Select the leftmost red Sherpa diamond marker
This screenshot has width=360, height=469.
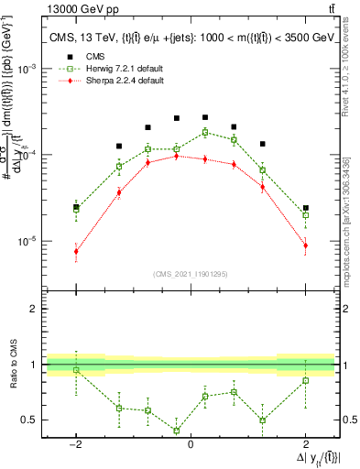[x=76, y=251]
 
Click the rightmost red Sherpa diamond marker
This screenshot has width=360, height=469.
[x=306, y=245]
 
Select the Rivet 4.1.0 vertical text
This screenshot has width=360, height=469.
[x=346, y=69]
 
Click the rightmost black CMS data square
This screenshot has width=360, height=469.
[x=306, y=208]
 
